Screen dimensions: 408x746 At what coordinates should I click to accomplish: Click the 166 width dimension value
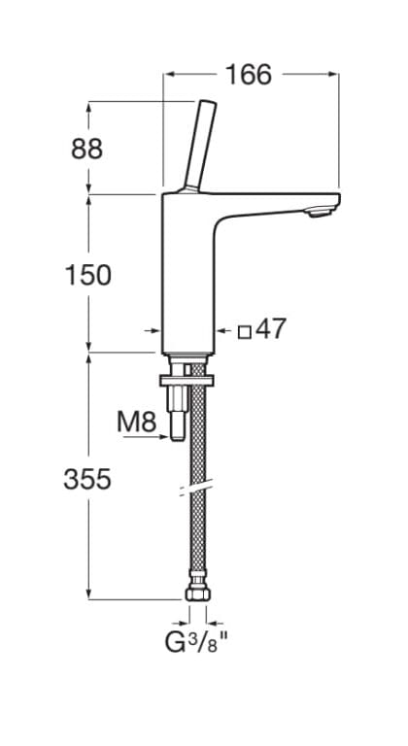[249, 75]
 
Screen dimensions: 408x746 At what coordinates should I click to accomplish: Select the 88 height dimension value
[86, 149]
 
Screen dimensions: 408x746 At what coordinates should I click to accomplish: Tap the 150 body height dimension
[87, 275]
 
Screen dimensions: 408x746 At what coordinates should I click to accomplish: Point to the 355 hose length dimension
[87, 479]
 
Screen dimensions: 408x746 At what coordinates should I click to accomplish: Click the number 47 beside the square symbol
[271, 328]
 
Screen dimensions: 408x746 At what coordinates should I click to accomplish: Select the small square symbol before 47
[244, 331]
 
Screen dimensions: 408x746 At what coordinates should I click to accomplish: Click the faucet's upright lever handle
[200, 145]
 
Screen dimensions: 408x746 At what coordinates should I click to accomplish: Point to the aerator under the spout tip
[320, 212]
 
